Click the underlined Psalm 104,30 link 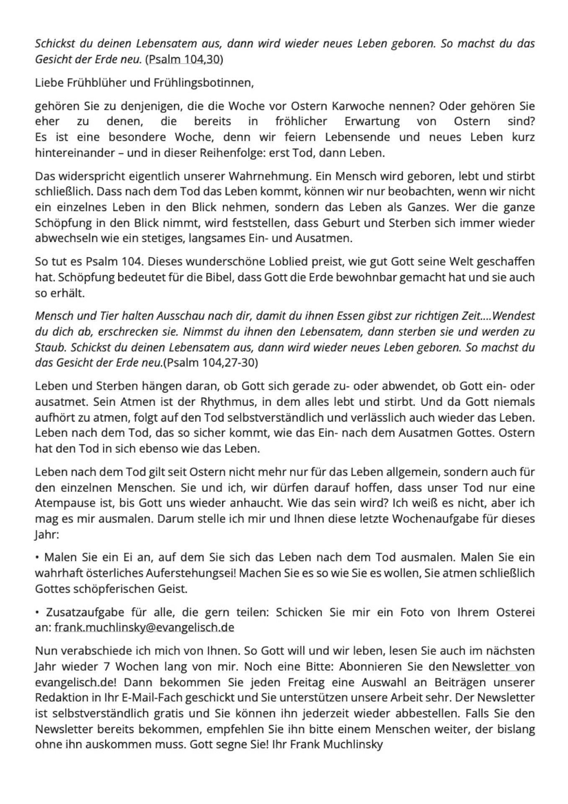pos(184,59)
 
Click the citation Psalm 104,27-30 pos(210,363)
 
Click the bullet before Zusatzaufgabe pos(38,613)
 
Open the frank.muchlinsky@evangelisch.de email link pos(144,628)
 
